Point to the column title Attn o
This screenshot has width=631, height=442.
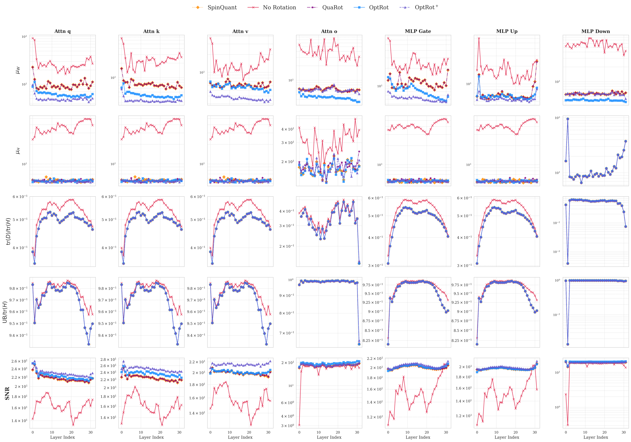tap(329, 31)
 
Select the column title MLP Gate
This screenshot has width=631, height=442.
tap(418, 31)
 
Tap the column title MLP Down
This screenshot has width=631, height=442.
tap(596, 31)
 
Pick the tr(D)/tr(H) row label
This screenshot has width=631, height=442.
tap(8, 231)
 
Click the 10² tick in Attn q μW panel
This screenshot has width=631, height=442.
tap(24, 37)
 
